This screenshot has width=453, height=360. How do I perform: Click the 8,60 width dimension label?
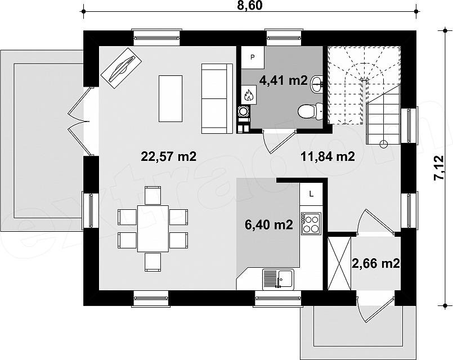point(250,5)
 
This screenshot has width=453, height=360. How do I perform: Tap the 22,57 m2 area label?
point(169,156)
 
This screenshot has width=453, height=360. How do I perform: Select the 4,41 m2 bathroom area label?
point(284,80)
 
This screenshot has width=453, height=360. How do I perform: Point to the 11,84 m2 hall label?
point(328,156)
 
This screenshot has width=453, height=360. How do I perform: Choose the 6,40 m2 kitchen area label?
point(269,224)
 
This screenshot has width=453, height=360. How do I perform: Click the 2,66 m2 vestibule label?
point(376,263)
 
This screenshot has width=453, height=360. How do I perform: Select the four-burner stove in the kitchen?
point(311,223)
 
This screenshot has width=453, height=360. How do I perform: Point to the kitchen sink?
point(278,279)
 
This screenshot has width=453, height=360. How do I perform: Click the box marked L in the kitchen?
point(311,194)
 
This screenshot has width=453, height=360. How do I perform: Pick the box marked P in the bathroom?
point(253,57)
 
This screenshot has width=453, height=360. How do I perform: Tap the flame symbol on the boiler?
point(248,94)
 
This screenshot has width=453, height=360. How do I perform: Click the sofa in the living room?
point(217,98)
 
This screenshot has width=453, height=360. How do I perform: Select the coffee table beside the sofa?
point(171,98)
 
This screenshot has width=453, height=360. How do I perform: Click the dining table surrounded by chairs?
point(153,228)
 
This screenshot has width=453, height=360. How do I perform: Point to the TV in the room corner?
point(122,68)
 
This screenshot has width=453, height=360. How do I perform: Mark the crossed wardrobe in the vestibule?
point(339,263)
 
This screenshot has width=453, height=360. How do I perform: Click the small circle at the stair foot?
point(384,143)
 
